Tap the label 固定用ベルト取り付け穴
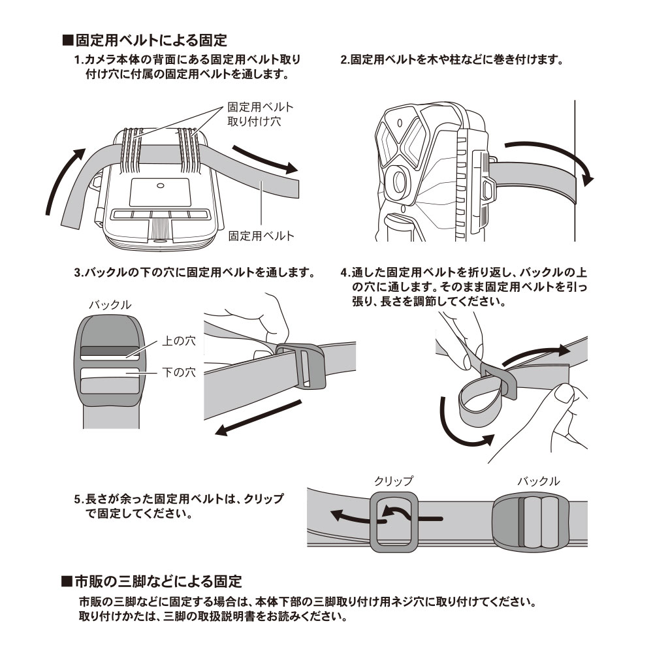[259, 114]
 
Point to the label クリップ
[393, 481]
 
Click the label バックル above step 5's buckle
[538, 481]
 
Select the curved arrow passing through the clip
[385, 516]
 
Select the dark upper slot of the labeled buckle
[109, 351]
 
